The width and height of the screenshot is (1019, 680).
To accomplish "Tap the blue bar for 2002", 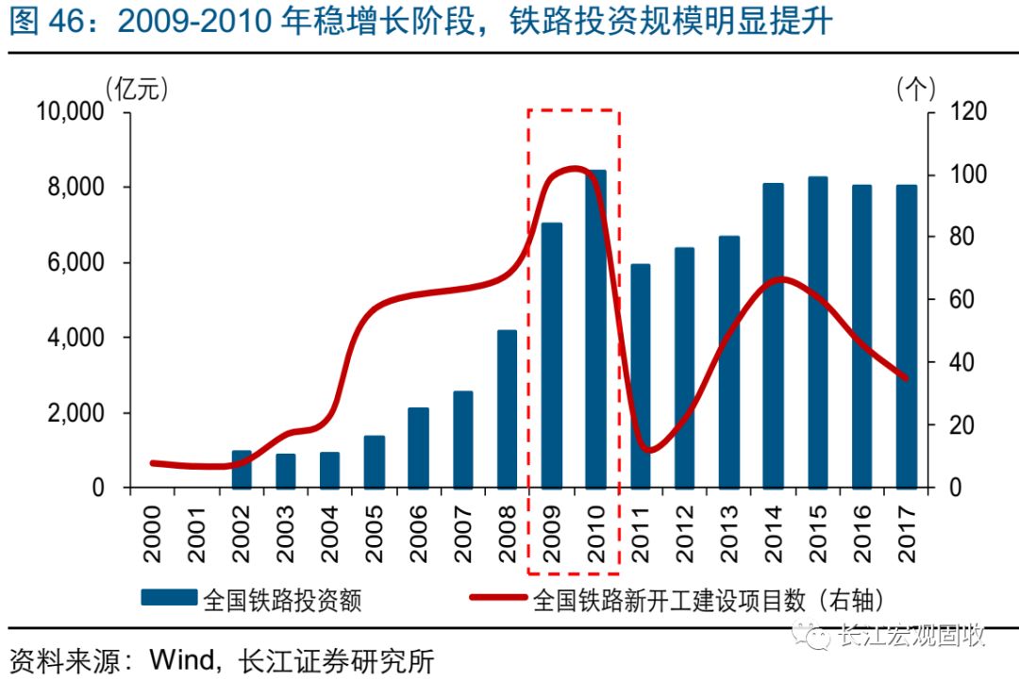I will (242, 469).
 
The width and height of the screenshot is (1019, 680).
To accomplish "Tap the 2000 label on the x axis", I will (154, 534).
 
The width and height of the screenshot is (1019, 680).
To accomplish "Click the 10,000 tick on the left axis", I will (69, 111).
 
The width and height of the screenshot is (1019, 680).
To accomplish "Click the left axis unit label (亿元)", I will (137, 89).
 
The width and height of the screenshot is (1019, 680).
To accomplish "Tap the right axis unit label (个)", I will (915, 89).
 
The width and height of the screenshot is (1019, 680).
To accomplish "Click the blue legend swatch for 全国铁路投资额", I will (169, 598).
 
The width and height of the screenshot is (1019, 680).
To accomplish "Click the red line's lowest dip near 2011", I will (646, 450).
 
